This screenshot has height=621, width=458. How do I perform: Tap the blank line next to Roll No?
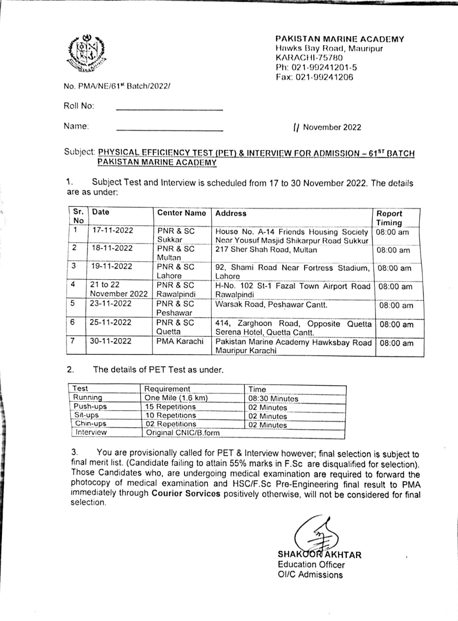pos(170,108)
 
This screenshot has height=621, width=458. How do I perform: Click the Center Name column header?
pos(182,213)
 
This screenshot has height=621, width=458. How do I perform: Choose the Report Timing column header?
pos(390,218)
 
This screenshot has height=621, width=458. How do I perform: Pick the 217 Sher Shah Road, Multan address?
pos(266,250)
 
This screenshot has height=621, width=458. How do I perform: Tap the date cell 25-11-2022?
pos(111,323)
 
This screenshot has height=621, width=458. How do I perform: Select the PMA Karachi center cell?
pos(180,341)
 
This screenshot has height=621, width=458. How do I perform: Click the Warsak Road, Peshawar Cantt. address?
pos(271,305)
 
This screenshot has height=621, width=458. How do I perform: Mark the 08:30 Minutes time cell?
pos(273,398)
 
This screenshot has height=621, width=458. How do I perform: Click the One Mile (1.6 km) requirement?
pos(176,398)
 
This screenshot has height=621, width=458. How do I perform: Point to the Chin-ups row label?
pos(91,424)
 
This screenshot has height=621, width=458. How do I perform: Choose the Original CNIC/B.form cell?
pos(183,432)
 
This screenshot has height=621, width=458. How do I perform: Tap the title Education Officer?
pos(311,565)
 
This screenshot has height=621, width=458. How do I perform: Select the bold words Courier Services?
pos(186,494)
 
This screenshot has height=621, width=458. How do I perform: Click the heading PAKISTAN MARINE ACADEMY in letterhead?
pos(339,39)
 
